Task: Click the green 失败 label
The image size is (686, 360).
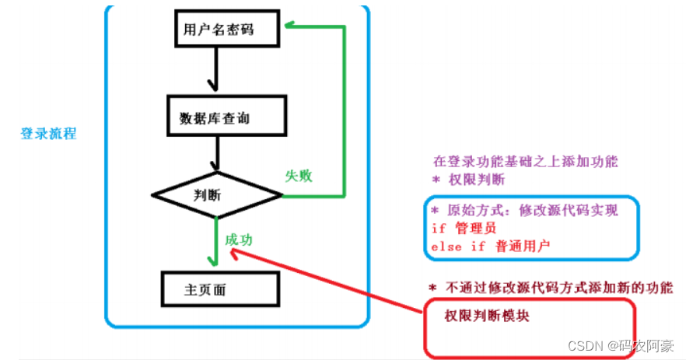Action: (x=299, y=176)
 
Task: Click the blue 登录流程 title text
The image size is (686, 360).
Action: (x=48, y=133)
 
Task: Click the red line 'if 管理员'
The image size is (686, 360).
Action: (x=464, y=229)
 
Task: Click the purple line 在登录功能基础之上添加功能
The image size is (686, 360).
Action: (x=525, y=163)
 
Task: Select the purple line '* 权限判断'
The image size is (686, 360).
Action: (x=468, y=180)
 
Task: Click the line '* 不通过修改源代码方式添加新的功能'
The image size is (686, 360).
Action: (x=550, y=286)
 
